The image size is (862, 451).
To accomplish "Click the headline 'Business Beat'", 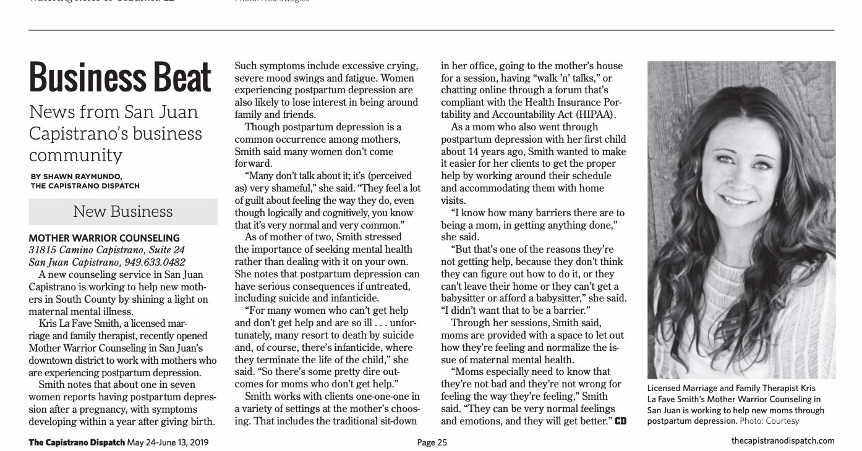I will (x=121, y=78).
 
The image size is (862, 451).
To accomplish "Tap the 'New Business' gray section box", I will (x=123, y=211).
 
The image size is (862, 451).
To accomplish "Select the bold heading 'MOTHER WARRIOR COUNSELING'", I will (x=105, y=238).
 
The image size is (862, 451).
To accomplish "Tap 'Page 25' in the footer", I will (x=432, y=442).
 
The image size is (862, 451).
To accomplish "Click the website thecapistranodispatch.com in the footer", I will (x=782, y=441).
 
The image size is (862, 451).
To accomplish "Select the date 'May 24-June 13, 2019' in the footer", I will (x=167, y=442).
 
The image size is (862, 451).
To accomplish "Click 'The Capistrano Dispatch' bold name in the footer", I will (x=77, y=442).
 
